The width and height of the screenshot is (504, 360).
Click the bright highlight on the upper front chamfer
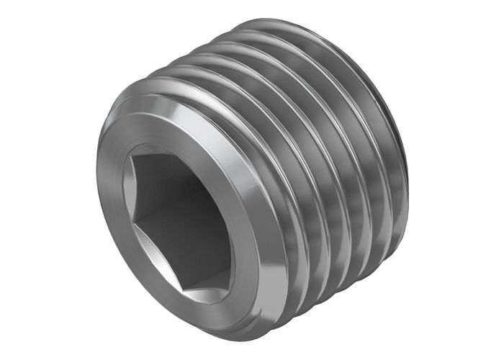tap(180, 108)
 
